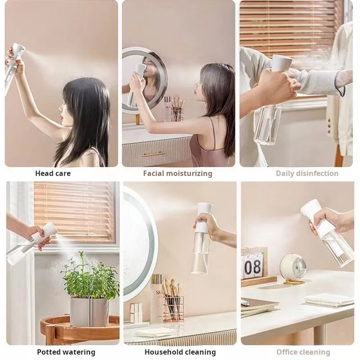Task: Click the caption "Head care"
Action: tap(53, 173)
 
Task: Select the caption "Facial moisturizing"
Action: tap(177, 173)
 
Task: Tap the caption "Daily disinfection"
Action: tap(307, 173)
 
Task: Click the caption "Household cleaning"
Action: tap(180, 352)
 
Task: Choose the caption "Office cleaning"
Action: tap(302, 352)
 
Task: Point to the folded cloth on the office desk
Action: tap(328, 300)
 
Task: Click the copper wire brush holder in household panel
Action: tap(173, 308)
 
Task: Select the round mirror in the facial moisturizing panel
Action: tap(144, 79)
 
